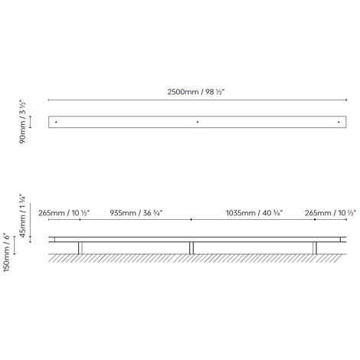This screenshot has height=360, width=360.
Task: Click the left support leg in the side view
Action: (80, 247)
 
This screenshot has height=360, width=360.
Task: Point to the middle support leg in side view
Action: (191, 247)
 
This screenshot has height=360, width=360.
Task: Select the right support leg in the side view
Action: (314, 247)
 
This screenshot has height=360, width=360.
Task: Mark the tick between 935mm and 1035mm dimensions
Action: (191, 219)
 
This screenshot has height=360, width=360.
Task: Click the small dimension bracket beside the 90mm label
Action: (31, 121)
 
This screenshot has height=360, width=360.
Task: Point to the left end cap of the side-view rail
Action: (51, 239)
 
